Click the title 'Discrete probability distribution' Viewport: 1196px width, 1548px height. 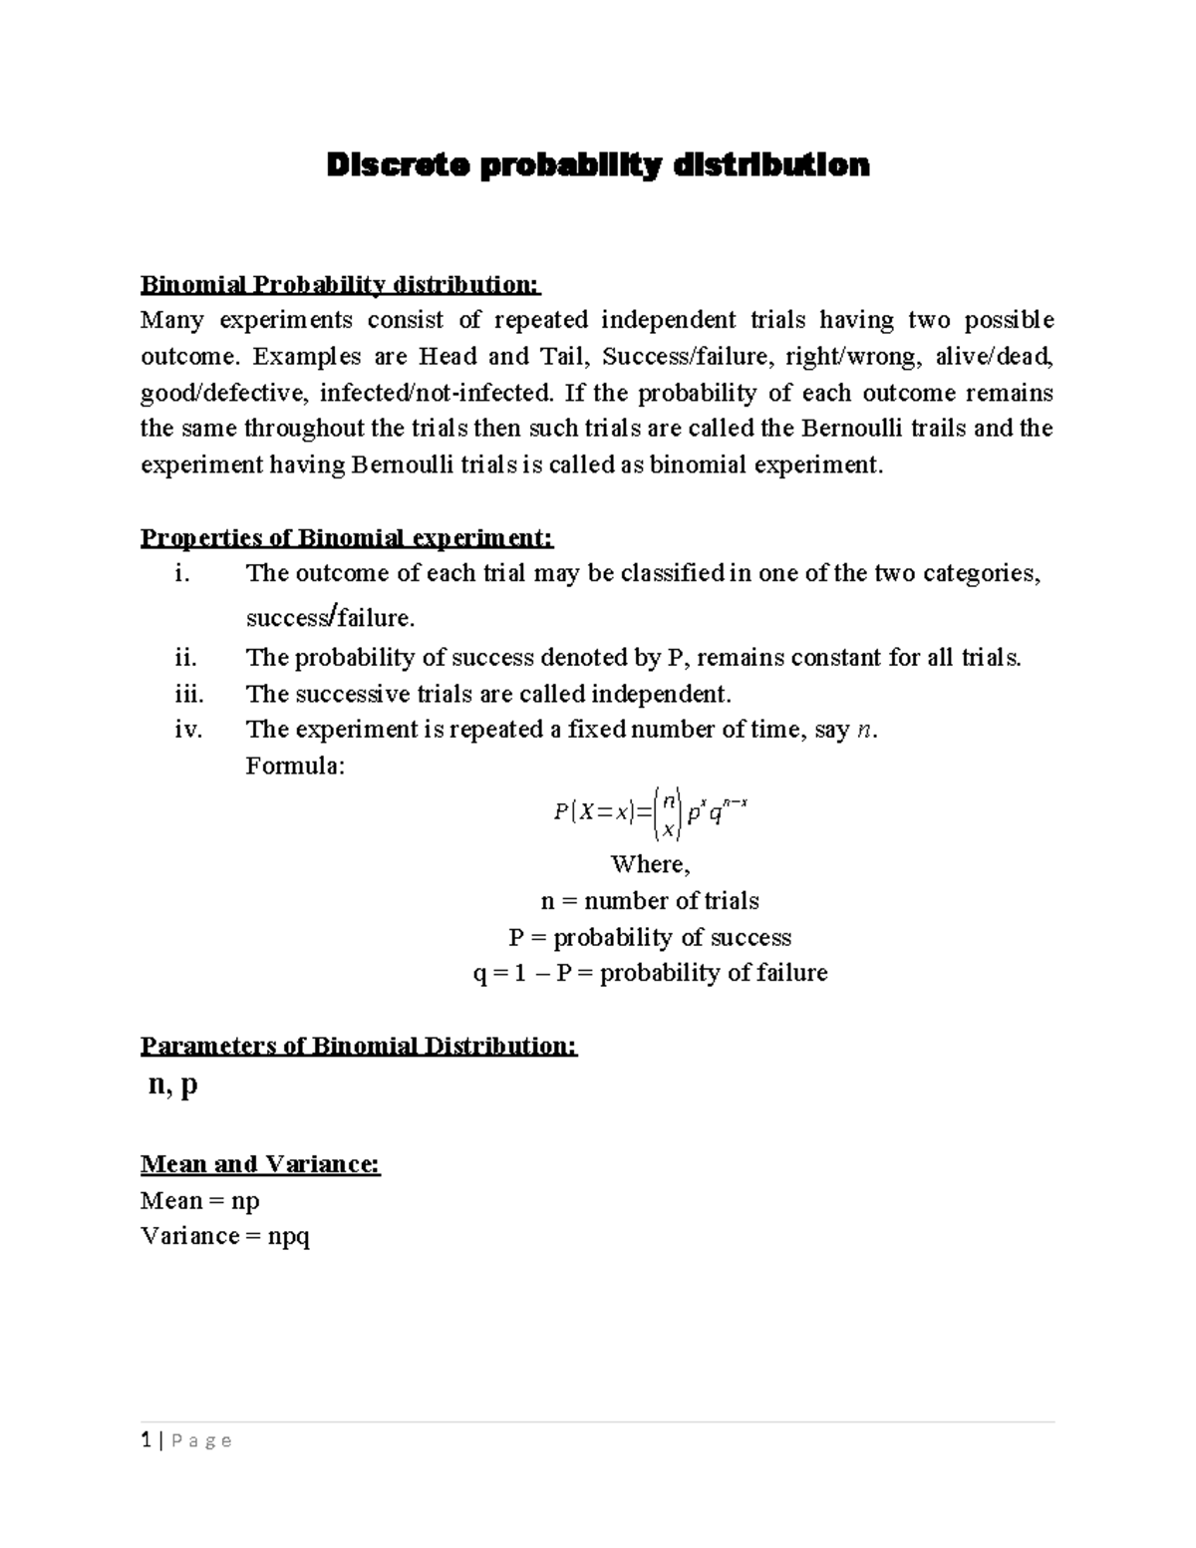coord(598,165)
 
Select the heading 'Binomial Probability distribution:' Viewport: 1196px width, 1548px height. coord(340,285)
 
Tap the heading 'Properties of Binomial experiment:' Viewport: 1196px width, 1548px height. coord(346,538)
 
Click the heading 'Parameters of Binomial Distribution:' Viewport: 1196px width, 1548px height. coord(359,1046)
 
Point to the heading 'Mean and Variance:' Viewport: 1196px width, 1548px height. coord(260,1164)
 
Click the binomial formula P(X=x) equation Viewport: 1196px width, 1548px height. coord(650,812)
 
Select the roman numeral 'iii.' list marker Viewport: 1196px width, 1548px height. coord(186,694)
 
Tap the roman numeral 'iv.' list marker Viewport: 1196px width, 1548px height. coord(187,730)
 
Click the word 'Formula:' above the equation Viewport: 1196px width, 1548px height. coord(294,766)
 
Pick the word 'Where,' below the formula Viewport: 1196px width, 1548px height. coord(650,864)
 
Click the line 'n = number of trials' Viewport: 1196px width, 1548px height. coord(650,901)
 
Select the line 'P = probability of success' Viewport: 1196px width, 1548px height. coord(650,938)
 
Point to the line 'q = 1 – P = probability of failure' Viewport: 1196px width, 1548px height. coord(650,973)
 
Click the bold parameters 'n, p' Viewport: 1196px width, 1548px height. coord(172,1085)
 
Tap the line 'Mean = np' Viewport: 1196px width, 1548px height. coord(200,1201)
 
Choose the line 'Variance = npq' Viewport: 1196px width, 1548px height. coord(225,1237)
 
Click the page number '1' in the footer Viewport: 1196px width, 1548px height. coord(146,1439)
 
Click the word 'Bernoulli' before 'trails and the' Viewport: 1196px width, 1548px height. coord(851,429)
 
